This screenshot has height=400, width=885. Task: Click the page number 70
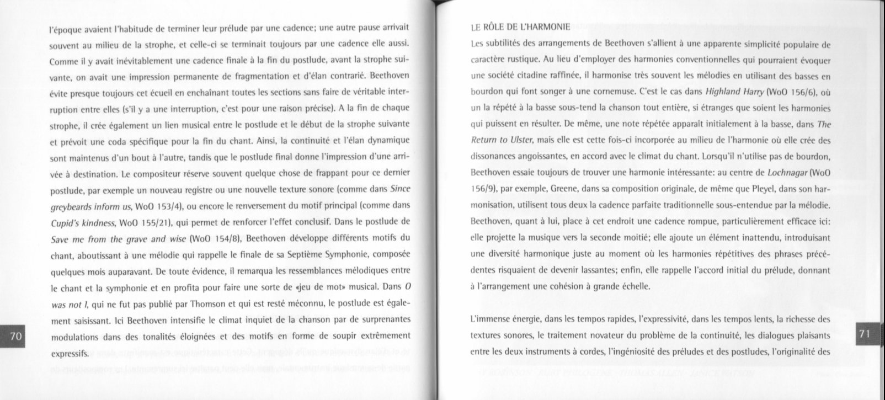16,336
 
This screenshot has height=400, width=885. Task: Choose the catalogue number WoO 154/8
215,239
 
